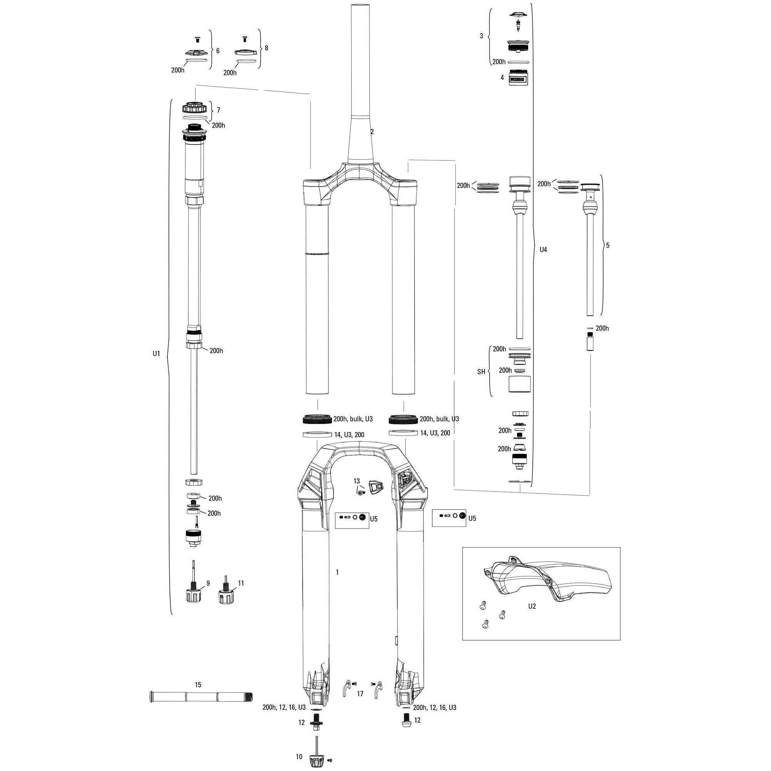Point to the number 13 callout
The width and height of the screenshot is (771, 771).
pos(356,481)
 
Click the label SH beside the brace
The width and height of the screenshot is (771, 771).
pos(481,372)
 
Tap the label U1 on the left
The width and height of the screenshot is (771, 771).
pos(156,353)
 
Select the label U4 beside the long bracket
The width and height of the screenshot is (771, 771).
pos(543,249)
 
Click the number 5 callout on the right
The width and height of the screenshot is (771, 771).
pos(608,246)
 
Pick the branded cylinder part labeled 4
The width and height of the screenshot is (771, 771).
pos(518,77)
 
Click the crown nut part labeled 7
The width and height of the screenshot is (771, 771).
pos(194,108)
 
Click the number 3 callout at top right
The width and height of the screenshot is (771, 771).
pos(481,35)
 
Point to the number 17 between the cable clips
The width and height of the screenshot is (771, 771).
pos(360,694)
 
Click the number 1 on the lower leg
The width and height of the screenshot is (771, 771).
pos(337,572)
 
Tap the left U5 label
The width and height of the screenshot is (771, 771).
pos(374,519)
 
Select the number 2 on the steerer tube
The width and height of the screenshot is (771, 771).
pos(372,131)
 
